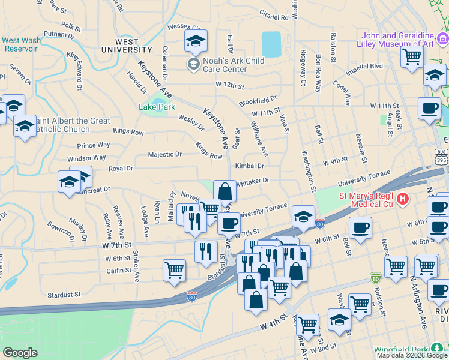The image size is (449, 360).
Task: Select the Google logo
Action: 20,352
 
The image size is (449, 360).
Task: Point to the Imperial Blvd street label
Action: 363,67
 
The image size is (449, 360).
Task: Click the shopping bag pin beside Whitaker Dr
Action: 224,192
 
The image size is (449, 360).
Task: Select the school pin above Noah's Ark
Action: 196,41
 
